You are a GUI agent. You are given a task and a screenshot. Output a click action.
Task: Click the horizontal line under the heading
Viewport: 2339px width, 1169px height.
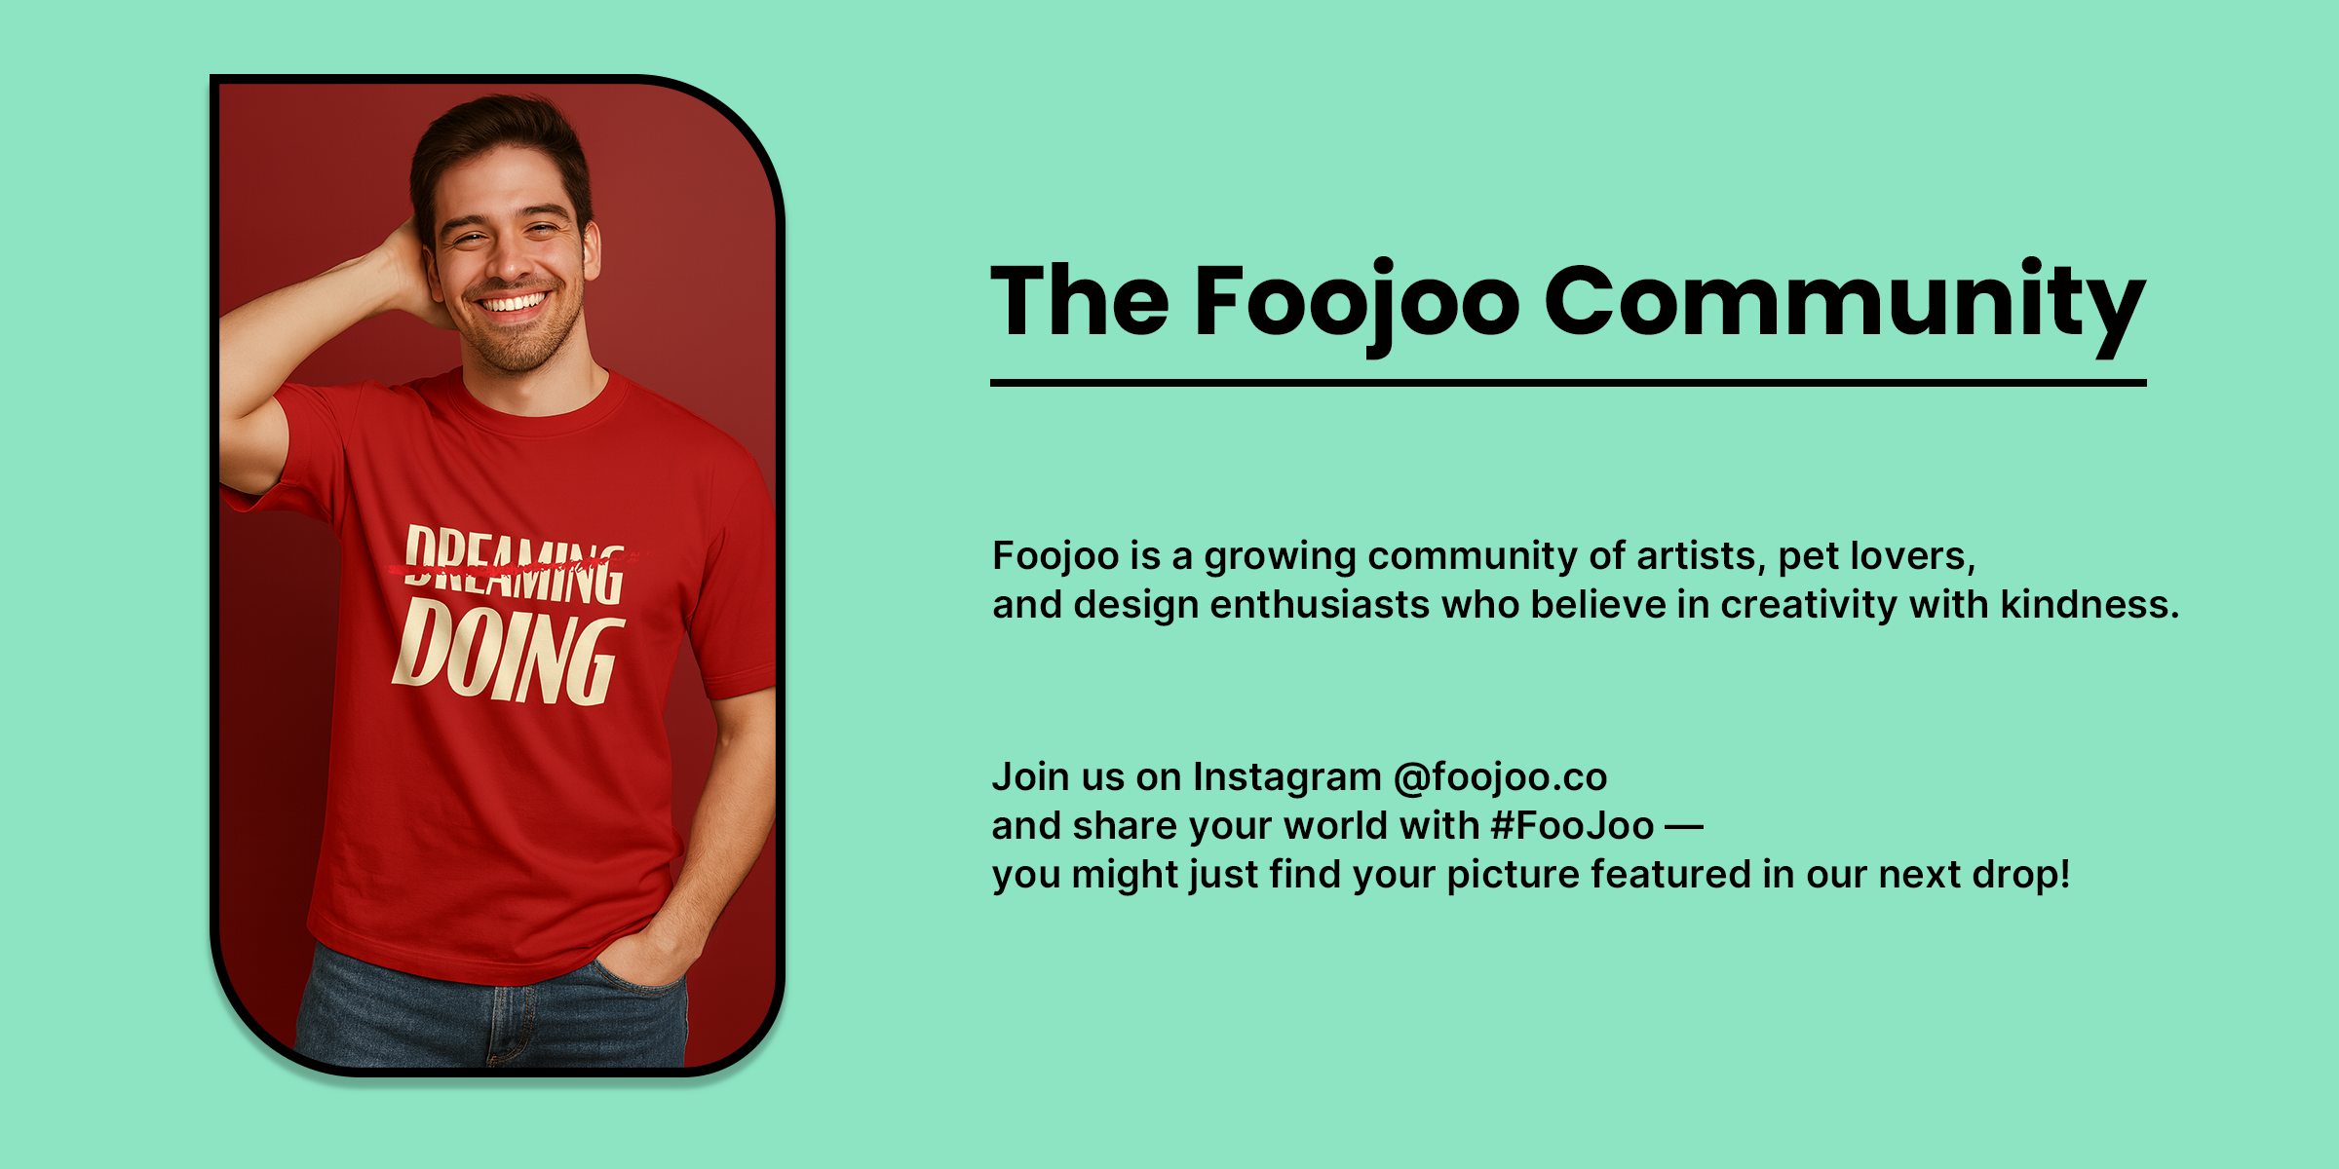(x=1568, y=383)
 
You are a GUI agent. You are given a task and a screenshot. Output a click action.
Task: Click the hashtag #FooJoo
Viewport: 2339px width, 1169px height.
(x=1572, y=826)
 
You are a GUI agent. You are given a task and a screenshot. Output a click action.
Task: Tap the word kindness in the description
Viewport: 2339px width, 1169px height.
(x=2090, y=604)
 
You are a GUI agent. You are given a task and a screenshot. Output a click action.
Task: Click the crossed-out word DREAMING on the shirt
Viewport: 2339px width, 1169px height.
(x=514, y=566)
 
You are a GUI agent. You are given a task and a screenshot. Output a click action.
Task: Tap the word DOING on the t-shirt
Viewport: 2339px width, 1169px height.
(x=508, y=651)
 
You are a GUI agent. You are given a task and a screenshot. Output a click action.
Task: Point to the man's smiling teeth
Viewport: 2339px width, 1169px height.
(x=513, y=303)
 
